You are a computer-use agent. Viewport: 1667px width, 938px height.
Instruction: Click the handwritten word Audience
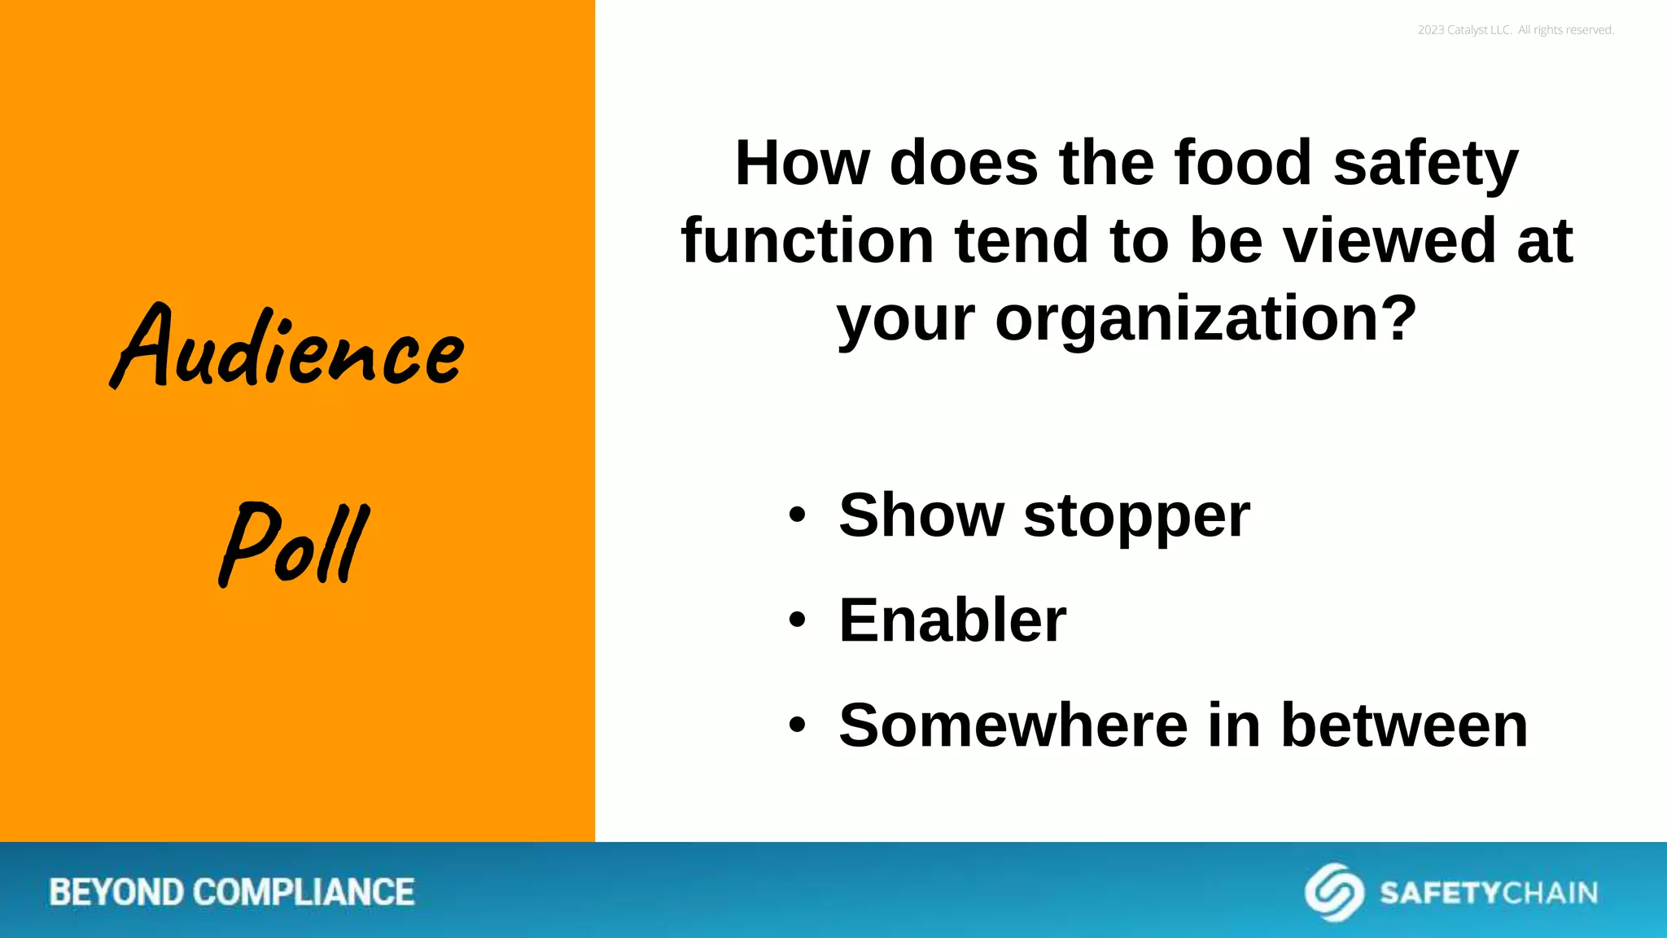[289, 348]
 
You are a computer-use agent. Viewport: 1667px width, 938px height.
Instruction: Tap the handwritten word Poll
[295, 544]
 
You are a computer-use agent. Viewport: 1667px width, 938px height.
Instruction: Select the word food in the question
[1243, 163]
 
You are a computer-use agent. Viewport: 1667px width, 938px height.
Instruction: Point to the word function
[807, 241]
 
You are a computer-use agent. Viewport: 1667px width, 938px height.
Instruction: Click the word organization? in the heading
[1206, 319]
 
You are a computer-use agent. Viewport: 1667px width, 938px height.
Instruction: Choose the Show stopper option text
[1044, 515]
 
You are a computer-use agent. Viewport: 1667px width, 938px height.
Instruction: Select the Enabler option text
[952, 620]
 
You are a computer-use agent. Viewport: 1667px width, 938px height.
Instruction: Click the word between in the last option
[1404, 725]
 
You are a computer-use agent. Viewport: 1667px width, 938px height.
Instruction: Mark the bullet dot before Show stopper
[797, 515]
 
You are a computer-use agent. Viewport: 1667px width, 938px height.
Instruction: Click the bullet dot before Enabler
[797, 620]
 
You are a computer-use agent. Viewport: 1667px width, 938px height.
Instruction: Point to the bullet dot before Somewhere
[797, 725]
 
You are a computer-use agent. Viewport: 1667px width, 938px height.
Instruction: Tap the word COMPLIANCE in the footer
[304, 892]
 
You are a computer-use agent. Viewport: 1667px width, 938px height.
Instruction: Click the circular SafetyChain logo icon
[1334, 892]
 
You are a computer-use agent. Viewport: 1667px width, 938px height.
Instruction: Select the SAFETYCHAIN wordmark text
[1488, 893]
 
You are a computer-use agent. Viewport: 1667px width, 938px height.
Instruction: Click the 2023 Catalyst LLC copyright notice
[1515, 30]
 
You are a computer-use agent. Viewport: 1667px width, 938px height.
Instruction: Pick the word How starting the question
[802, 163]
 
